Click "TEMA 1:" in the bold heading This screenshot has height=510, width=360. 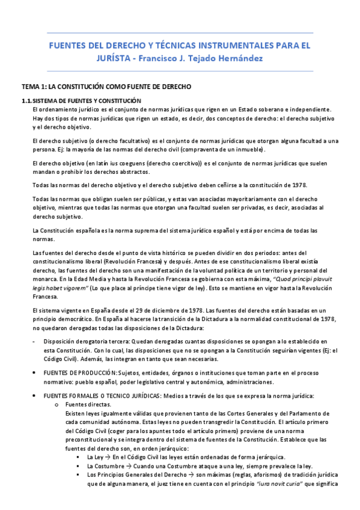tap(34, 87)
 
